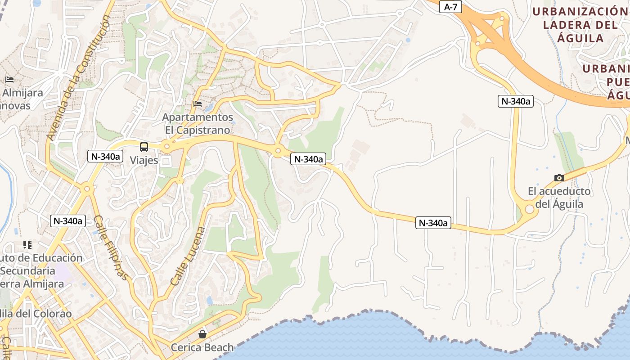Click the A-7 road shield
tap(450, 7)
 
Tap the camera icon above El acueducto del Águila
tap(559, 178)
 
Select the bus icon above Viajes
tap(144, 147)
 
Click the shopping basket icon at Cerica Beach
tap(202, 334)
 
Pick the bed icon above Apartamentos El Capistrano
tap(197, 104)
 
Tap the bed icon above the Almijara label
tap(9, 80)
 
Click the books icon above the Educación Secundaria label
tap(27, 245)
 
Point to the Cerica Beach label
tap(202, 347)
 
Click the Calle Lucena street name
tap(188, 256)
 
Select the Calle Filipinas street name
tap(111, 247)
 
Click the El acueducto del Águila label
tap(559, 198)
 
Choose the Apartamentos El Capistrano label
tap(198, 124)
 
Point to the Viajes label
tap(144, 160)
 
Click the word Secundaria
tap(28, 271)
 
